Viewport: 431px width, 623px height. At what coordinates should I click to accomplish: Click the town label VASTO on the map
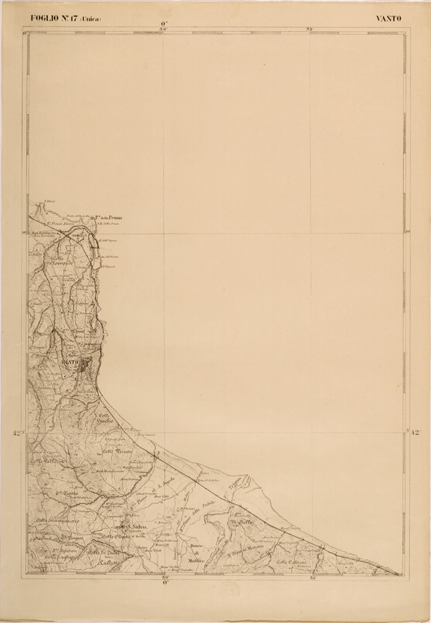[70, 361]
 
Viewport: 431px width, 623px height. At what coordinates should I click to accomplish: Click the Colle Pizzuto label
[117, 452]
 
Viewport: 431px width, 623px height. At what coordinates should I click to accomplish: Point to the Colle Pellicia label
[46, 462]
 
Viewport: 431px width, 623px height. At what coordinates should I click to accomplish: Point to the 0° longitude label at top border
[163, 24]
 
